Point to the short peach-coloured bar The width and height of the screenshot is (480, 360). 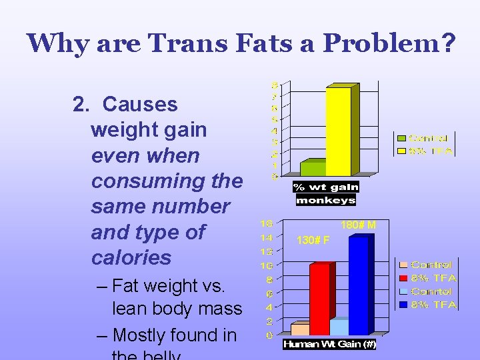(x=300, y=329)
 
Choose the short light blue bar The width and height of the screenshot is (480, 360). (x=339, y=327)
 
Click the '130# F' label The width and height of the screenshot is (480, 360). (x=313, y=240)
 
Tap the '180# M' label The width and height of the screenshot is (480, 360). (x=358, y=225)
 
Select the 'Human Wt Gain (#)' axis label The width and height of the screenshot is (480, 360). (x=329, y=345)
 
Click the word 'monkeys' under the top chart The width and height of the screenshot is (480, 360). (x=326, y=200)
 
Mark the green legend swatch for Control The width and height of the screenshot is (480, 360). (x=401, y=139)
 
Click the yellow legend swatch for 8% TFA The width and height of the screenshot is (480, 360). (x=401, y=151)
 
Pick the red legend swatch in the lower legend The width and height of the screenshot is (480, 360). (x=403, y=278)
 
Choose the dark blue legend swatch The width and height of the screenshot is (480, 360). (x=403, y=305)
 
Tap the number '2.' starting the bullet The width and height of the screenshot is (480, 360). (x=81, y=104)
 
